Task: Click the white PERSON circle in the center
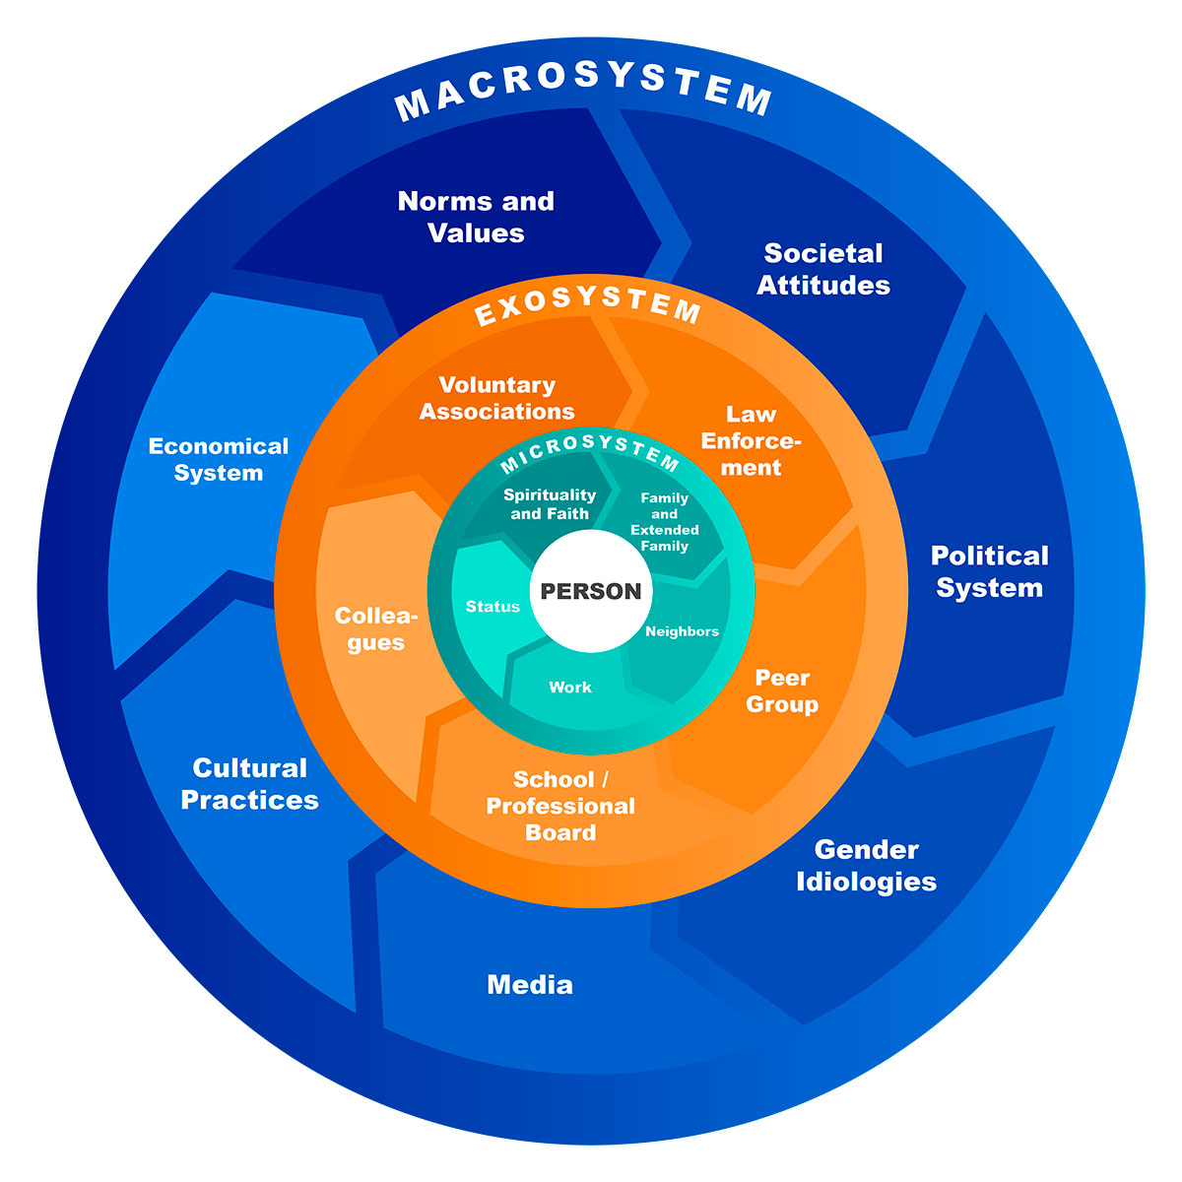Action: [x=591, y=591]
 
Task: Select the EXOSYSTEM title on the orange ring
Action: [x=588, y=304]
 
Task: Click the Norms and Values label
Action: [x=476, y=217]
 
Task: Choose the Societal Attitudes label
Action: [x=823, y=269]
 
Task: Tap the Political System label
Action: [x=989, y=571]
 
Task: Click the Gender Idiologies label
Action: [x=866, y=865]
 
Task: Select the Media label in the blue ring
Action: [x=530, y=984]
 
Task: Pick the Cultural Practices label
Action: [x=250, y=783]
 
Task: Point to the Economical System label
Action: [x=219, y=459]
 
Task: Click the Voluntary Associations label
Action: [x=497, y=398]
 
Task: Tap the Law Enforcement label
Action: [x=751, y=440]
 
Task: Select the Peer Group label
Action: [x=782, y=690]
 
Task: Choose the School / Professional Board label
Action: [x=560, y=806]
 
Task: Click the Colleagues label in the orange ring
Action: [x=376, y=628]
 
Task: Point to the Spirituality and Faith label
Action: [x=550, y=503]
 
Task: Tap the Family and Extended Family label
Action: [x=665, y=521]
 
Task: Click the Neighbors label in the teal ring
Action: [x=682, y=631]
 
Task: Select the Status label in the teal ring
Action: [x=492, y=607]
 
